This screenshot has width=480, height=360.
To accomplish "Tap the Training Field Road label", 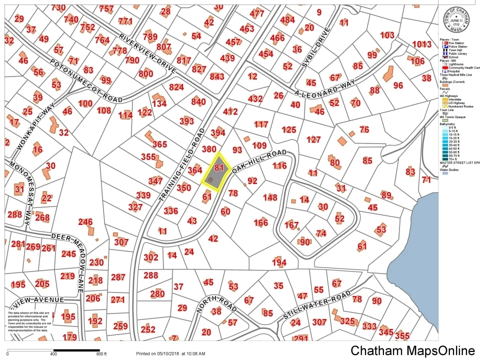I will (182, 165).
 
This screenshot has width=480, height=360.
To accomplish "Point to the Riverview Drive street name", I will (148, 54).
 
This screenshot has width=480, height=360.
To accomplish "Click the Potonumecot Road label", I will (86, 80).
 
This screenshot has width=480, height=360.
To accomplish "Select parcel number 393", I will (186, 121).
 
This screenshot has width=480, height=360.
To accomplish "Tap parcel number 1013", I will (421, 44).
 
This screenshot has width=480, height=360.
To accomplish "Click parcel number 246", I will (85, 222).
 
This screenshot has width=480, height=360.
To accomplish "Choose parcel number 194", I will (279, 262).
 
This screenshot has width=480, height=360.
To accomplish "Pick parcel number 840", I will (198, 102).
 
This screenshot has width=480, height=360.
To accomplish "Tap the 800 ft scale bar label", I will (101, 354).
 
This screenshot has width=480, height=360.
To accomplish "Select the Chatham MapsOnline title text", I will (412, 350).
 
